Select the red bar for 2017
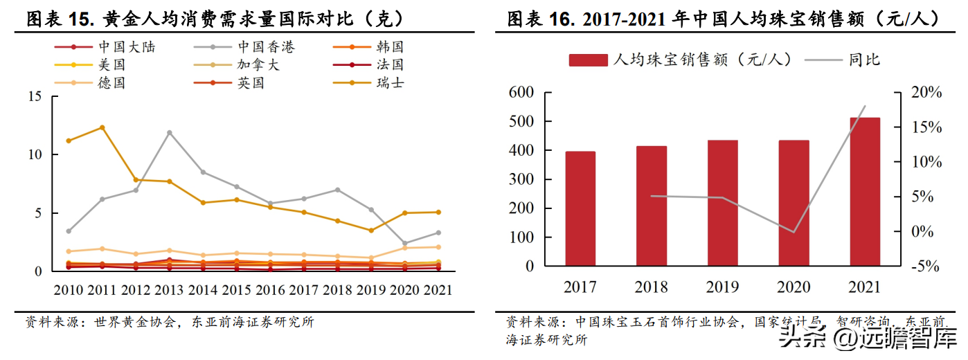[x=580, y=208]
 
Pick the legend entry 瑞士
[x=390, y=83]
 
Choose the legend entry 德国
[x=111, y=83]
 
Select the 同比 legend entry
[x=864, y=60]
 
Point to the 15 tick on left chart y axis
[x=34, y=96]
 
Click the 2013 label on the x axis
[x=169, y=290]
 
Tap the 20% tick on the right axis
[x=922, y=93]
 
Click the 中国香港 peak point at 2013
[x=169, y=132]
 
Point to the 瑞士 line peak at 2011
[x=102, y=127]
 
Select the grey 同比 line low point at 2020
[x=794, y=232]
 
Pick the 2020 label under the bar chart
[x=794, y=287]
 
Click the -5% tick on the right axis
[x=922, y=267]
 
